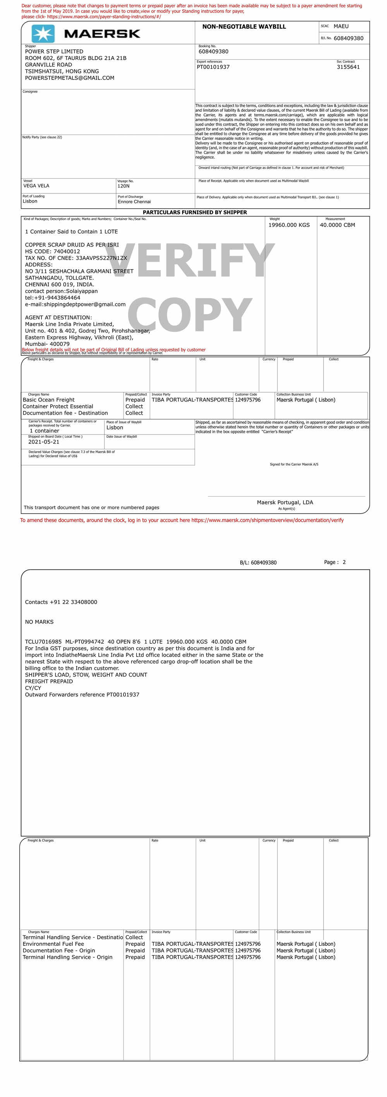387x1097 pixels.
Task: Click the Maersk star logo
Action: click(x=43, y=34)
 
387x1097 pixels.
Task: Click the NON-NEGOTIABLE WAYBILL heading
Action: click(x=244, y=27)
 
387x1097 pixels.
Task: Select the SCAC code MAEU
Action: click(x=341, y=26)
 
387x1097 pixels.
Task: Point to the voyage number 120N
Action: click(x=123, y=186)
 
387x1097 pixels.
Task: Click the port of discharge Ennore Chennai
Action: click(x=134, y=202)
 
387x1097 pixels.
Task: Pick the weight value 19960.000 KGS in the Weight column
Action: click(x=289, y=225)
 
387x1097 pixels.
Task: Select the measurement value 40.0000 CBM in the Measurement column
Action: click(x=337, y=225)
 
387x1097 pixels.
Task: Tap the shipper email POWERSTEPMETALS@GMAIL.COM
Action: click(x=69, y=78)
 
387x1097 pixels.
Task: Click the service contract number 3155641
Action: click(x=348, y=67)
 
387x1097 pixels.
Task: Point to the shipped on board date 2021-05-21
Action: click(x=44, y=442)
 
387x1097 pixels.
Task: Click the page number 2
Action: click(x=344, y=562)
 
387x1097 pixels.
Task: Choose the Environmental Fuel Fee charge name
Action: click(x=53, y=944)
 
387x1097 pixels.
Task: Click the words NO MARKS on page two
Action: click(x=39, y=622)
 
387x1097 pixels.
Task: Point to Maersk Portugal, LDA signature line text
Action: click(x=284, y=502)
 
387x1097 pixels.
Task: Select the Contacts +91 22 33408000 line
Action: click(x=61, y=602)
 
